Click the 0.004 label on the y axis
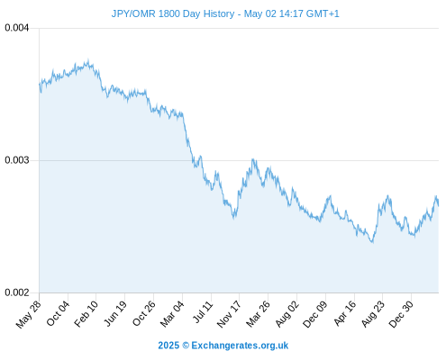click(x=17, y=28)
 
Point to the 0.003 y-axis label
click(x=17, y=160)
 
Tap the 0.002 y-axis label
click(x=17, y=292)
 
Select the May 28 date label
click(x=29, y=314)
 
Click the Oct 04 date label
click(x=58, y=313)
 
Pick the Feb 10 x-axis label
click(x=86, y=313)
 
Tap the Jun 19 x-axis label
click(x=115, y=313)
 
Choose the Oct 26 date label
click(x=144, y=313)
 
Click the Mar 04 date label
click(x=172, y=313)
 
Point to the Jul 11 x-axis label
click(x=203, y=311)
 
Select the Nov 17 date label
click(x=229, y=314)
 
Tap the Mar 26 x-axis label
click(x=258, y=313)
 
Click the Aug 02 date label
click(x=287, y=313)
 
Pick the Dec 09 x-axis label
click(x=315, y=314)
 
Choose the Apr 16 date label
click(x=345, y=313)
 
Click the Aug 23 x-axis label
click(x=373, y=313)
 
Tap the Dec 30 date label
click(x=401, y=314)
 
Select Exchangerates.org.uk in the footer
click(x=240, y=346)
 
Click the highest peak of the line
click(x=88, y=61)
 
